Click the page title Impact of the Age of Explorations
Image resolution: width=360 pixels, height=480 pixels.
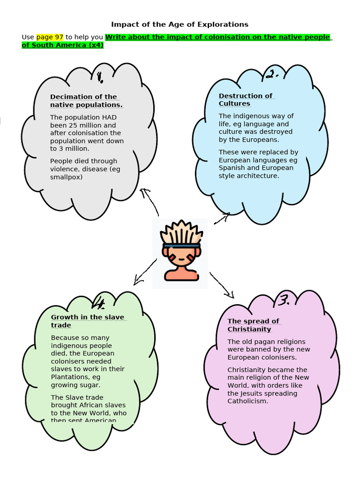tap(180, 24)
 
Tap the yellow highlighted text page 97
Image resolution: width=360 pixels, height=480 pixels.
tap(50, 37)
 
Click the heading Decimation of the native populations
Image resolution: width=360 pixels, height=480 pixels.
tap(86, 101)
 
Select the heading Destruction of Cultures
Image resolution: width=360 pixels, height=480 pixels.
tap(246, 99)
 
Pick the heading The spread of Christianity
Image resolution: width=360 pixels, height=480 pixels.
tap(253, 325)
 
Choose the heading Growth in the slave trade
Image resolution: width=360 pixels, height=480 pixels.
tap(88, 321)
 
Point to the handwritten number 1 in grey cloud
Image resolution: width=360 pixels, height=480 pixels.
tap(100, 77)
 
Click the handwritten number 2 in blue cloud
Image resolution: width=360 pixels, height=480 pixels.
tap(272, 74)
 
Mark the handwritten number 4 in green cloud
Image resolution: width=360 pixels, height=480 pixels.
tap(99, 303)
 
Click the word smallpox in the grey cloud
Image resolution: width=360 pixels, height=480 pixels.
tap(66, 177)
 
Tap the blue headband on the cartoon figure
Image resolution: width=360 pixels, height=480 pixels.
tap(181, 245)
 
